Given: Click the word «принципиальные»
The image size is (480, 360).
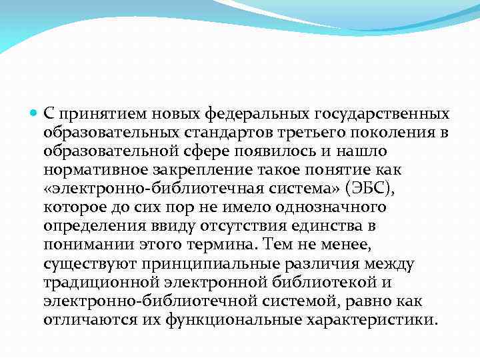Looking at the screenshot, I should point(199,263).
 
